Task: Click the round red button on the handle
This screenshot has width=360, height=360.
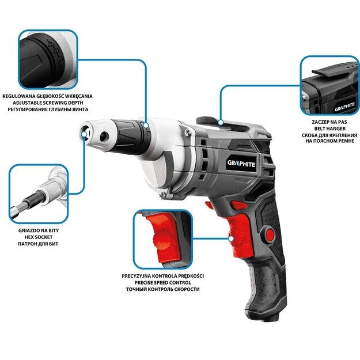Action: coord(269,234)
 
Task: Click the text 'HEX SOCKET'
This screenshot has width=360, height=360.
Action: coord(39,237)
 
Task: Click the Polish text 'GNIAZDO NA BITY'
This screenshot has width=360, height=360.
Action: coord(39,230)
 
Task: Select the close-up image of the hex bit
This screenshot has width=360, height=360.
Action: coord(39,193)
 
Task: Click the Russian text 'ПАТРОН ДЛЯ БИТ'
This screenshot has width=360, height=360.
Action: coord(39,244)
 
